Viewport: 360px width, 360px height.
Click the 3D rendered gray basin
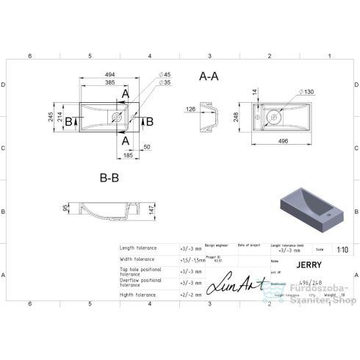(x=308, y=204)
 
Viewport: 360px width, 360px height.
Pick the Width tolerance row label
(x=138, y=259)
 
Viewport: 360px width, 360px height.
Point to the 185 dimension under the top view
(x=128, y=155)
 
